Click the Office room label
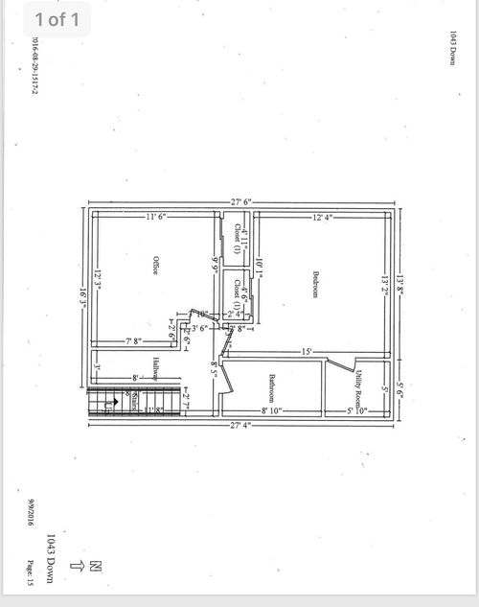(x=154, y=266)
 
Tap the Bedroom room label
(x=314, y=285)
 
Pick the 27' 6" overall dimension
(x=241, y=200)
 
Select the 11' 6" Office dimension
(x=156, y=217)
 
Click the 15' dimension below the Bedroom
(x=306, y=352)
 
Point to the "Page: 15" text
(x=32, y=572)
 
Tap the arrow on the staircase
(x=108, y=405)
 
